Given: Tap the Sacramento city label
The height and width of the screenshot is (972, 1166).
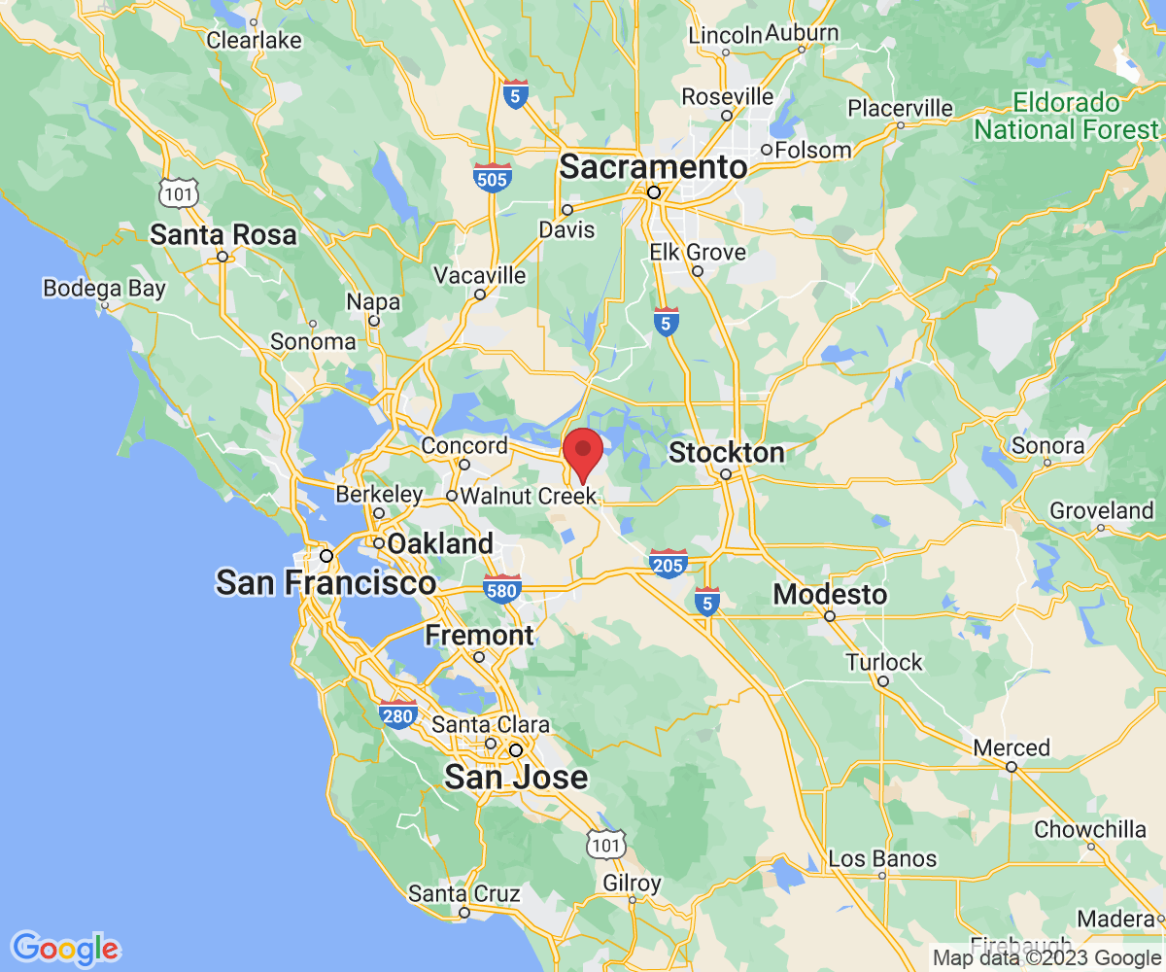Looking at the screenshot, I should pyautogui.click(x=653, y=167).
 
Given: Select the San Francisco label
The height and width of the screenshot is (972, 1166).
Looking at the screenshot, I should pyautogui.click(x=326, y=583).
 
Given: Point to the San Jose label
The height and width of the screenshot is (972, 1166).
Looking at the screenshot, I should pyautogui.click(x=516, y=777).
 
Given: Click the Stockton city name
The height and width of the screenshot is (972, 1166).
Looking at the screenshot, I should pyautogui.click(x=727, y=453).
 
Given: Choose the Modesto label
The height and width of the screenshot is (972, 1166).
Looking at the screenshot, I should pyautogui.click(x=830, y=594).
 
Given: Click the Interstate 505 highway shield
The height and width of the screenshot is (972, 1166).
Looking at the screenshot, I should pyautogui.click(x=494, y=177).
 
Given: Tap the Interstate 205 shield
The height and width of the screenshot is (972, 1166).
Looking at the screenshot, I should pyautogui.click(x=669, y=563).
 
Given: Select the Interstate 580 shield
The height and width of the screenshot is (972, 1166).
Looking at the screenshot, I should pyautogui.click(x=502, y=587).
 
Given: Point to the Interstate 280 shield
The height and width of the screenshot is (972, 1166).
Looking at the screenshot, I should pyautogui.click(x=398, y=713).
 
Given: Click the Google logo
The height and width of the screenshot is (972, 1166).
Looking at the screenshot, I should pyautogui.click(x=64, y=948).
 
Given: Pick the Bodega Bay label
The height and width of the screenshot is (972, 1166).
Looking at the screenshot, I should pyautogui.click(x=105, y=289).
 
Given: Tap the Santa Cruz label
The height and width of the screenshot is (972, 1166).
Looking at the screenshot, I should pyautogui.click(x=463, y=893).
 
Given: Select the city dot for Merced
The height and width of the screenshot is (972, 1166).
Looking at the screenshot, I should pyautogui.click(x=1011, y=767).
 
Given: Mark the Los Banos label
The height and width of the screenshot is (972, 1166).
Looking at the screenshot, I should pyautogui.click(x=882, y=858).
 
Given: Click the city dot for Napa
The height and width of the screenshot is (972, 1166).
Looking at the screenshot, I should pyautogui.click(x=373, y=320).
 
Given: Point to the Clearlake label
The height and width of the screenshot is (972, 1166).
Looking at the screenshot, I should pyautogui.click(x=255, y=41).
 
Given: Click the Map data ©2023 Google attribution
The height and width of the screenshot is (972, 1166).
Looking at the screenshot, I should pyautogui.click(x=1046, y=957).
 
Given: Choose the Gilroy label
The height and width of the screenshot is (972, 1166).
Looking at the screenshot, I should pyautogui.click(x=632, y=884).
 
